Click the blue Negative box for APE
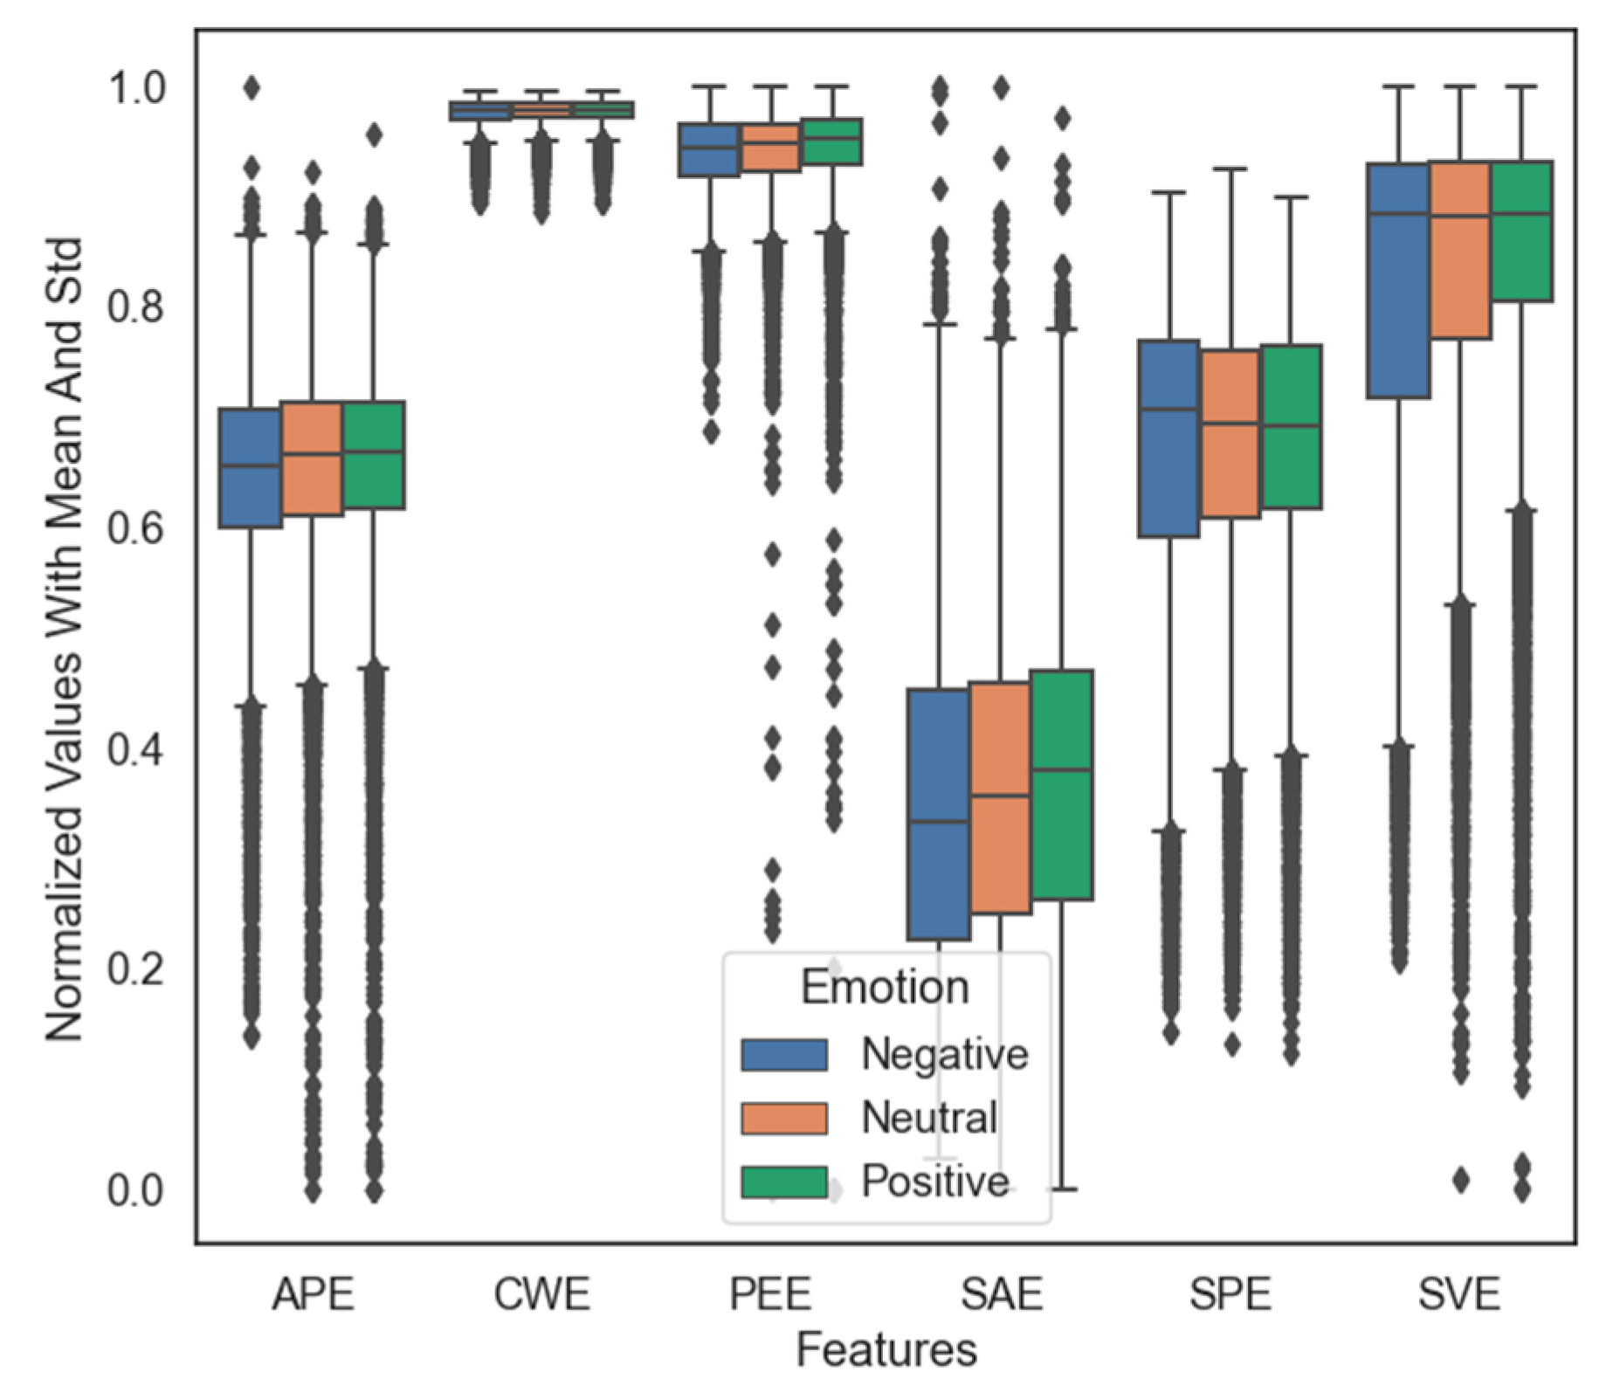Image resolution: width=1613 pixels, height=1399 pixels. tap(251, 468)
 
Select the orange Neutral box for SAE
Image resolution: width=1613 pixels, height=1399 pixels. tap(1001, 798)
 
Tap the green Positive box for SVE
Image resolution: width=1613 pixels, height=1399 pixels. tap(1521, 231)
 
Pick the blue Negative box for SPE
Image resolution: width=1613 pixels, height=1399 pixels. tap(1168, 438)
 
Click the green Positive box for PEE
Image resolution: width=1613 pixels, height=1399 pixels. tap(832, 141)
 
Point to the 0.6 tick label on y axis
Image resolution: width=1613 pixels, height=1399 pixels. tap(135, 529)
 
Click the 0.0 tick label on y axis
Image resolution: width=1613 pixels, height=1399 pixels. tap(135, 1190)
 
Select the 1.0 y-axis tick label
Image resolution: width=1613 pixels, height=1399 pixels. tap(135, 88)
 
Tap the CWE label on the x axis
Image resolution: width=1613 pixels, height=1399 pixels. tap(541, 1293)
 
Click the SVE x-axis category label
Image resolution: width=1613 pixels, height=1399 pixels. tap(1459, 1293)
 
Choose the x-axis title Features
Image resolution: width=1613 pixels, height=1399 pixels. tap(886, 1349)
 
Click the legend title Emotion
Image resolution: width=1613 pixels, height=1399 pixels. tap(885, 988)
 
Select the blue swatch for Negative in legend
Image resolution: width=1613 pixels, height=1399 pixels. tap(784, 1055)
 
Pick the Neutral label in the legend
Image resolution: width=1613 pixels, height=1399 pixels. tap(929, 1118)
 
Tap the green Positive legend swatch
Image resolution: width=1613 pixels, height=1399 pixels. tap(784, 1182)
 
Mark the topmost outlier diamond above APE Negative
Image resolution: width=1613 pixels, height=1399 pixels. tap(252, 87)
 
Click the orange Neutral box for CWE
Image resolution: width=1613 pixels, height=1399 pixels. tap(541, 110)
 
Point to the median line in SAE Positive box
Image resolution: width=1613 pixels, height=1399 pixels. tap(1062, 770)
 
